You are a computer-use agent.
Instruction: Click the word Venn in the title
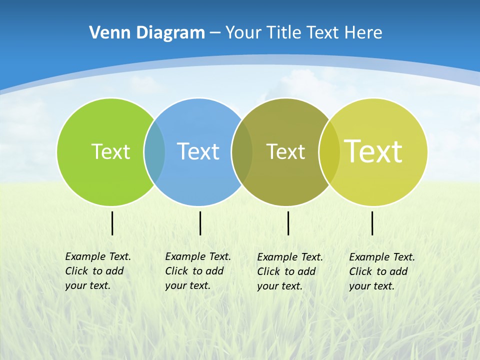tap(104, 33)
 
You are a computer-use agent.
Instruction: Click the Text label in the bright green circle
tap(110, 151)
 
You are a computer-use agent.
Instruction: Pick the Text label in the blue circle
tap(198, 151)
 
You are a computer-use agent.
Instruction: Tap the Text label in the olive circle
tap(285, 151)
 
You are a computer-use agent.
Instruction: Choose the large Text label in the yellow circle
tap(373, 151)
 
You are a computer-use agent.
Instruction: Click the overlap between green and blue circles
tap(154, 151)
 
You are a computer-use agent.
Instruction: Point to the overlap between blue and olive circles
tap(242, 151)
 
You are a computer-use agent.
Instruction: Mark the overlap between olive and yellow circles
tap(329, 151)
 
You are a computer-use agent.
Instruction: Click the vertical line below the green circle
tap(112, 223)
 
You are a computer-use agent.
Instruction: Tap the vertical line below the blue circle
tap(200, 223)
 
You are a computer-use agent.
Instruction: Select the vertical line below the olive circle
tap(288, 223)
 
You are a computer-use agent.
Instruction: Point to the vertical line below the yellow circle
tap(372, 223)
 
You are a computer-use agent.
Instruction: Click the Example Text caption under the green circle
tap(97, 271)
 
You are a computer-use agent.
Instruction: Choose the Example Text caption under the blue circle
tap(197, 271)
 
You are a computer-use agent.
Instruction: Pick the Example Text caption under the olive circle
tap(289, 271)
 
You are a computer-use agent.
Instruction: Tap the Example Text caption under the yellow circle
tap(381, 271)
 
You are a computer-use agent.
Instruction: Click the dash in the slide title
tap(215, 33)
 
